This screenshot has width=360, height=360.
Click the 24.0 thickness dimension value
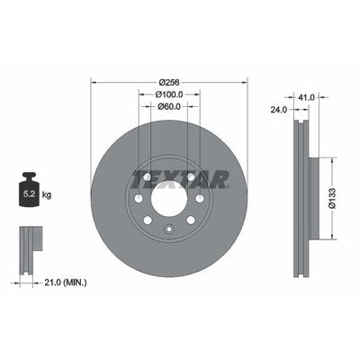[x=278, y=112]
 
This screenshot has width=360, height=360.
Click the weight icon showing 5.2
[x=30, y=191]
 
